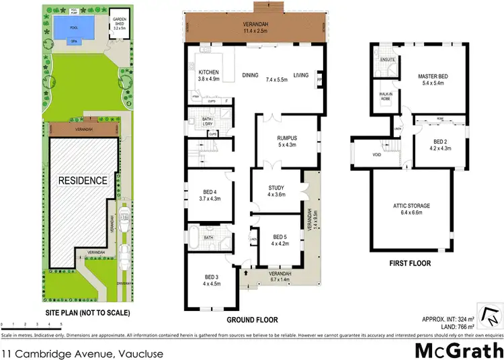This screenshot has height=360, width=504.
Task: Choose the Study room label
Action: click(x=276, y=191)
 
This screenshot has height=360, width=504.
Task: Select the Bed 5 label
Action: click(x=280, y=240)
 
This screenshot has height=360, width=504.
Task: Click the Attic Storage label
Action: click(x=411, y=208)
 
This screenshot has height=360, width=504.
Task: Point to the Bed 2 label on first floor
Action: click(x=440, y=145)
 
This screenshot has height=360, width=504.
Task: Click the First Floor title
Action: click(x=411, y=263)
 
